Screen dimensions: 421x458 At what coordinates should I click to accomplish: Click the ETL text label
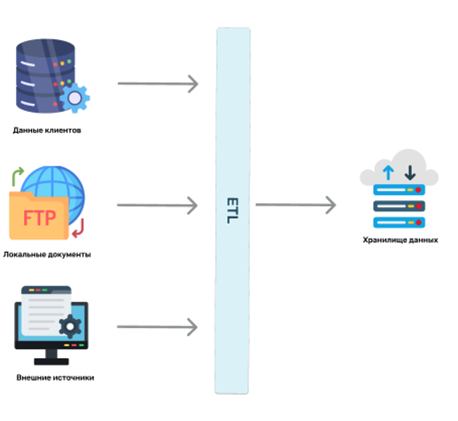(x=232, y=210)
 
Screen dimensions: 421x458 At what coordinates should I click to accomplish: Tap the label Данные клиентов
(x=47, y=130)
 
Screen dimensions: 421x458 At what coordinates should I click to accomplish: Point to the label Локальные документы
(x=47, y=255)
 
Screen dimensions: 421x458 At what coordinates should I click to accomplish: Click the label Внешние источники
(x=55, y=377)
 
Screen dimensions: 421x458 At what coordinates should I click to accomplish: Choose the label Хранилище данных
(x=400, y=239)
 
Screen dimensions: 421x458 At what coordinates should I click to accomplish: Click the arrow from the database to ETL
(x=158, y=84)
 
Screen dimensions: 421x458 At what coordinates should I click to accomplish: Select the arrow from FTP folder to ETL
(x=158, y=205)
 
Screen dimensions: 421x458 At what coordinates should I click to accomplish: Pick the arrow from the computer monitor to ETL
(x=158, y=327)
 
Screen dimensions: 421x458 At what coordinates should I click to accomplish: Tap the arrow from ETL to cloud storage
(x=295, y=204)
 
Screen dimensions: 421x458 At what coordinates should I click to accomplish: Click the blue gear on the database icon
(x=74, y=98)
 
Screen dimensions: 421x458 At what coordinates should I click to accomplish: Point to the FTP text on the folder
(x=39, y=218)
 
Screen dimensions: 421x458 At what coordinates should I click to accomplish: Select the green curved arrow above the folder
(x=17, y=176)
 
